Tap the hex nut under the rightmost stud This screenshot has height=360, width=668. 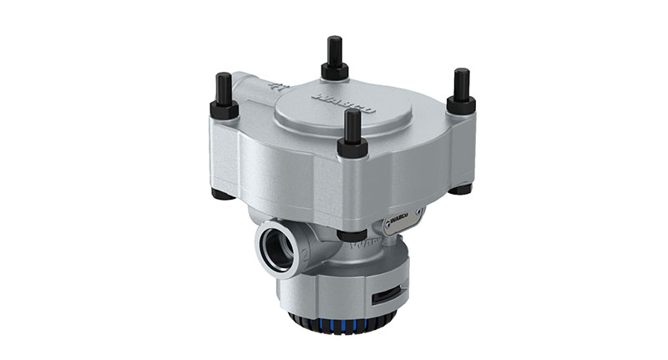[460, 104]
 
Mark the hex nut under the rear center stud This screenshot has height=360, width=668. [335, 70]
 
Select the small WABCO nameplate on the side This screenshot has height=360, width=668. [402, 221]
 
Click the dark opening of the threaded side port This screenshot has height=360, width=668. [276, 248]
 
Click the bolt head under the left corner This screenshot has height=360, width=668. [222, 194]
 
